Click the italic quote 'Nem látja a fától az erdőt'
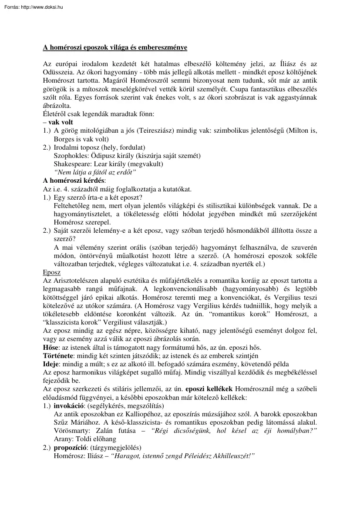point(95,172)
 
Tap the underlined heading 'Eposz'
point(51,272)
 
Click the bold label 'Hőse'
point(50,347)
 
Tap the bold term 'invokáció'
point(67,405)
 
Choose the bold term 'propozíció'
point(69,447)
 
